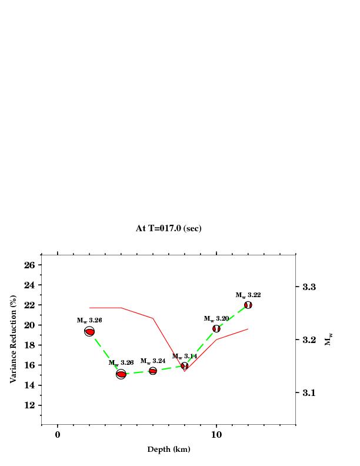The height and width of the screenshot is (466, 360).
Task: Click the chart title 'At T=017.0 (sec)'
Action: (168, 228)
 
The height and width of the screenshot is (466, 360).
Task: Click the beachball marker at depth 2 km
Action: (89, 332)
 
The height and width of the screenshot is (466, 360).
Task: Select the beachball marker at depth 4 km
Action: (121, 374)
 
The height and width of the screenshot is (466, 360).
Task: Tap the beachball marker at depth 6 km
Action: (153, 371)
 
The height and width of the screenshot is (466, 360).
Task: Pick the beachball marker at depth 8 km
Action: (185, 365)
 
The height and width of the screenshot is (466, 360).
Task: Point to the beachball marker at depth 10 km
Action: (216, 328)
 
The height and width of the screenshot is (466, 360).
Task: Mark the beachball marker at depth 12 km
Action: (248, 305)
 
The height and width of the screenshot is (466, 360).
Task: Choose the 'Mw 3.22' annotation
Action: (248, 295)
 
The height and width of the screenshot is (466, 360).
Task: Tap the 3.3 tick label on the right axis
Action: (309, 287)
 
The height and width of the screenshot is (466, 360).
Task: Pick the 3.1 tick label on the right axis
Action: (309, 392)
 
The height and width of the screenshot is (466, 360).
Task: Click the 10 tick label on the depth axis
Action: (216, 435)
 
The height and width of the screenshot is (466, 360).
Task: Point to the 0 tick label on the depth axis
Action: (58, 435)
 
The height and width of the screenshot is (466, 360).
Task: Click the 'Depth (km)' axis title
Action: (168, 450)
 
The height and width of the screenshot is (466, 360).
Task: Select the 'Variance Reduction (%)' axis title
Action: (13, 339)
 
